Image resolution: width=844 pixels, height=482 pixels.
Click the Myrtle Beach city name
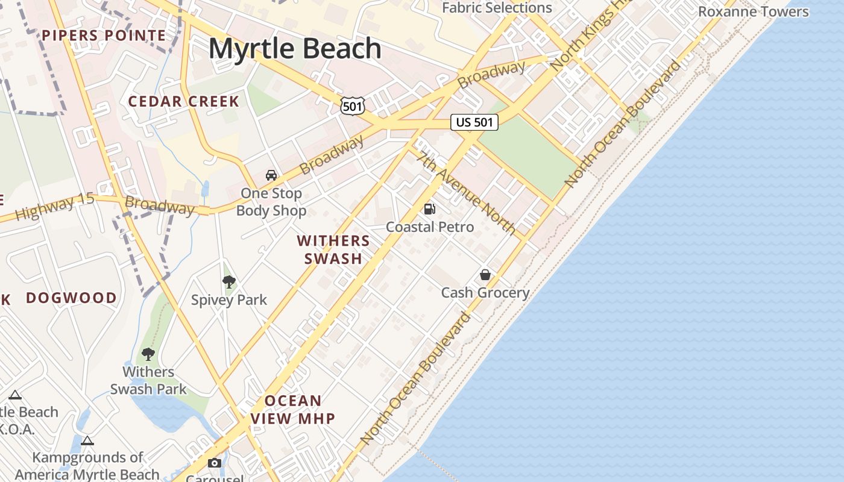click(295, 49)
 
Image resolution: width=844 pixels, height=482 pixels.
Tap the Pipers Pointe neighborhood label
click(104, 36)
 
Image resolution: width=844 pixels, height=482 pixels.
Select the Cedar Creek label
click(184, 101)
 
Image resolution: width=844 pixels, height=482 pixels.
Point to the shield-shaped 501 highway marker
click(352, 105)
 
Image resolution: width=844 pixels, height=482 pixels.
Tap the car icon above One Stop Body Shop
click(271, 175)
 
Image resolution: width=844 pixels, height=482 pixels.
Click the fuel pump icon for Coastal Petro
click(430, 209)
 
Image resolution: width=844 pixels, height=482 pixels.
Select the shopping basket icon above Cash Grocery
click(485, 275)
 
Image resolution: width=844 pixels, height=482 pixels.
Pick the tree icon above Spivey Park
click(228, 281)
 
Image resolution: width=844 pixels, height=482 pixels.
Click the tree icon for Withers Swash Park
click(148, 354)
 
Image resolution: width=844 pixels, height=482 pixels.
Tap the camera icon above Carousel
click(215, 463)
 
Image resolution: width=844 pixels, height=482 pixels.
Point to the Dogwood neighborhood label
click(71, 298)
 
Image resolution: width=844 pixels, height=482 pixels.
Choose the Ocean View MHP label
click(293, 410)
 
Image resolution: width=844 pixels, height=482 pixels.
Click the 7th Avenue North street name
click(467, 193)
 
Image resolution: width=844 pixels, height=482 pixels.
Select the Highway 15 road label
click(55, 207)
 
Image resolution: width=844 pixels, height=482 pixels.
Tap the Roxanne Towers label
click(753, 11)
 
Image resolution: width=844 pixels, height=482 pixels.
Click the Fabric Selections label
click(497, 8)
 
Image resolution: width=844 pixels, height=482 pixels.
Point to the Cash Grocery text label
click(485, 293)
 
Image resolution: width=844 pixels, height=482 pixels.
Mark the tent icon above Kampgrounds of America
click(87, 440)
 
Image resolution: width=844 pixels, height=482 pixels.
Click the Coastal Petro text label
click(430, 227)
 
